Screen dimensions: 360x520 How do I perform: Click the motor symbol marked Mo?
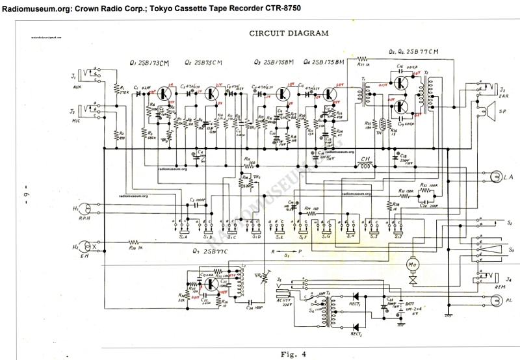click(x=411, y=266)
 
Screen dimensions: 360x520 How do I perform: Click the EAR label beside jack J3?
click(x=502, y=96)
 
